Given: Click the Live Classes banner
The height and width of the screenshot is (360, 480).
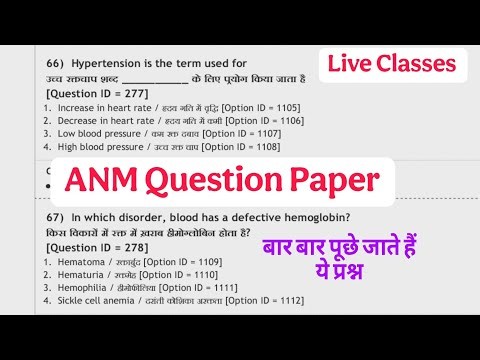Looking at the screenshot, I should (391, 66).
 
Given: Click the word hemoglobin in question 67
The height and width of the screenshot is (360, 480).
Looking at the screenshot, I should (300, 217).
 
